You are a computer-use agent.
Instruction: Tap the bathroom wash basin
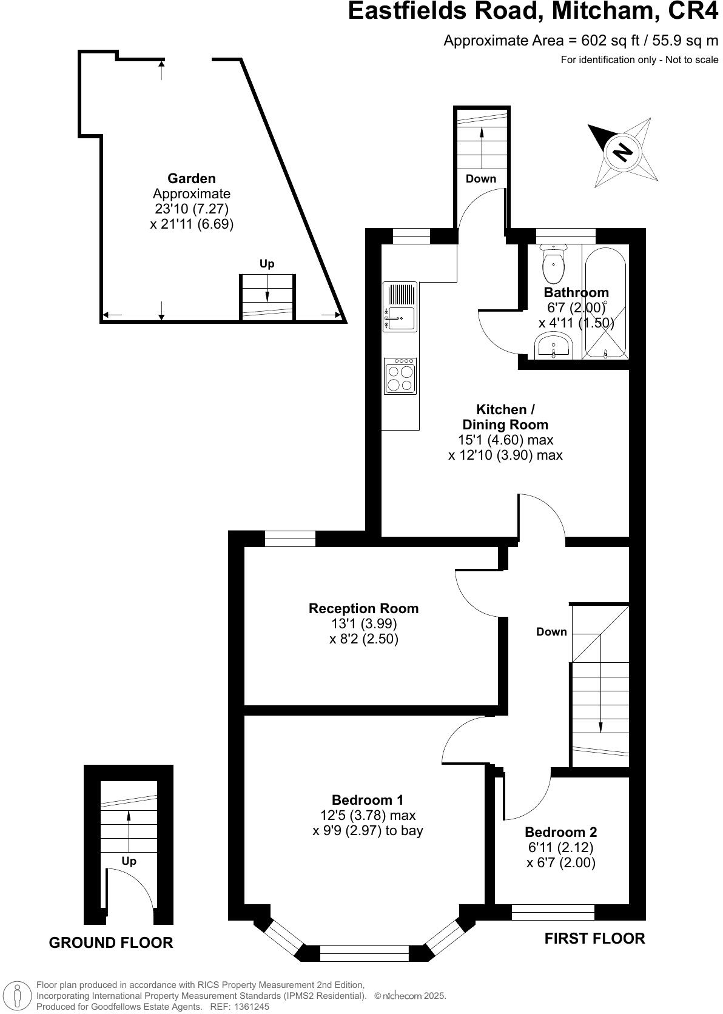tap(553, 348)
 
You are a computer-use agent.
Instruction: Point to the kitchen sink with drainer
tap(400, 306)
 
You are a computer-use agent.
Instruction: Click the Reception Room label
tap(363, 608)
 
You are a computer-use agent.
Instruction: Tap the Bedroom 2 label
tap(560, 832)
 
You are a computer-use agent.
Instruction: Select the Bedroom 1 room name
tap(367, 800)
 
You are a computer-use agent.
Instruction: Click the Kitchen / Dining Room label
tap(505, 417)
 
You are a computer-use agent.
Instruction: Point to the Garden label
tap(192, 178)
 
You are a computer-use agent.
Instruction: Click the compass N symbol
tap(621, 151)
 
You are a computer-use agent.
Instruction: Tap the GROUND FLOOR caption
tap(111, 942)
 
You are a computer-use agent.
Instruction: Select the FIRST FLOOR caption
tap(594, 938)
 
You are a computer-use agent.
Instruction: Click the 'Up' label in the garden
tap(267, 264)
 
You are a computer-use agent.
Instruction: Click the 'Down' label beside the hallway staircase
tap(551, 632)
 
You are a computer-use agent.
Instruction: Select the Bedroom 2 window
tap(553, 912)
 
